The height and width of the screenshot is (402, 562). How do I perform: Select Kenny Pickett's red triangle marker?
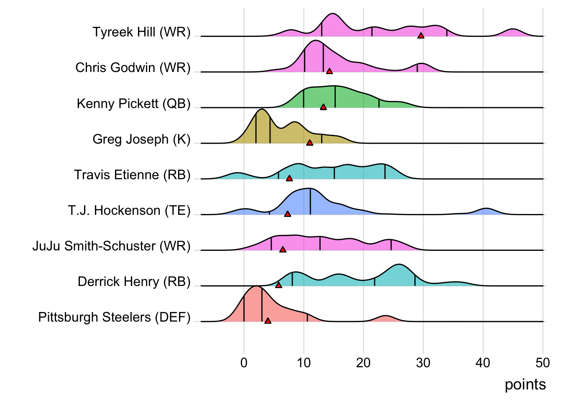pyautogui.click(x=323, y=107)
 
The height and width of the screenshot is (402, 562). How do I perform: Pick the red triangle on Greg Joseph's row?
pyautogui.click(x=309, y=143)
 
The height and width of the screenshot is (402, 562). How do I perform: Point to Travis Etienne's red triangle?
pyautogui.click(x=289, y=178)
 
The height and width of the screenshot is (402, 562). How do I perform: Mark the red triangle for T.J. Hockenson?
pyautogui.click(x=287, y=214)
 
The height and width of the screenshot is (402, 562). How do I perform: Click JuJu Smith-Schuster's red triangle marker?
pyautogui.click(x=283, y=250)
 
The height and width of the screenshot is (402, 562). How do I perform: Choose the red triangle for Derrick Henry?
pyautogui.click(x=278, y=285)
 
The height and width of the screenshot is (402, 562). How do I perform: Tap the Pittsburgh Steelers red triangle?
pyautogui.click(x=268, y=321)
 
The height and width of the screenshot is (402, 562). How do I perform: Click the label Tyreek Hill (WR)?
pyautogui.click(x=141, y=32)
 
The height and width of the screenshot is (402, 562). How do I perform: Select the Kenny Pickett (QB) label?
pyautogui.click(x=133, y=103)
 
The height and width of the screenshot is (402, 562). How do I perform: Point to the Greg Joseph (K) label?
pyautogui.click(x=141, y=139)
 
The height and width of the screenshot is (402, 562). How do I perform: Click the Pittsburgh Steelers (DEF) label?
pyautogui.click(x=114, y=317)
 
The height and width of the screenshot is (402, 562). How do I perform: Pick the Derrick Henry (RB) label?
pyautogui.click(x=134, y=282)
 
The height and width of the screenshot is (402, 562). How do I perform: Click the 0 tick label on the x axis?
pyautogui.click(x=244, y=363)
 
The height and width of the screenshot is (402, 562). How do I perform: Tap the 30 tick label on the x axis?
pyautogui.click(x=423, y=363)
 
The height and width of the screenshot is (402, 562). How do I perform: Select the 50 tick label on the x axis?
pyautogui.click(x=543, y=363)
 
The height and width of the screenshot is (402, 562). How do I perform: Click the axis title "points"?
pyautogui.click(x=525, y=384)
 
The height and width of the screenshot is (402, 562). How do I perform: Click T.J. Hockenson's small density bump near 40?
pyautogui.click(x=485, y=211)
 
